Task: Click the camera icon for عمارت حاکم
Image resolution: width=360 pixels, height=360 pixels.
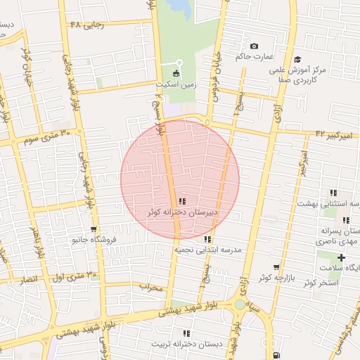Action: pyautogui.click(x=254, y=46)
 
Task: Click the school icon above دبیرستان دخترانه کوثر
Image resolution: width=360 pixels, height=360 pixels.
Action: pyautogui.click(x=183, y=201)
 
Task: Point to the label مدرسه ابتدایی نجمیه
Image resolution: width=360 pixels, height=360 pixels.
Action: pyautogui.click(x=208, y=250)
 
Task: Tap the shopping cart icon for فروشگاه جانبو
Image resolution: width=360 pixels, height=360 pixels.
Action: pyautogui.click(x=94, y=229)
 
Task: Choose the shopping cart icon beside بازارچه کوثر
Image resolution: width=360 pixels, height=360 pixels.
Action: pyautogui.click(x=276, y=267)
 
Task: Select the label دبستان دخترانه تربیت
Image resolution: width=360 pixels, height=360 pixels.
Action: pyautogui.click(x=186, y=344)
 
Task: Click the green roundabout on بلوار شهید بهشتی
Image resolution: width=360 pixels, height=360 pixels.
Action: pyautogui.click(x=240, y=304)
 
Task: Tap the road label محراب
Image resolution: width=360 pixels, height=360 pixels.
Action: pyautogui.click(x=150, y=287)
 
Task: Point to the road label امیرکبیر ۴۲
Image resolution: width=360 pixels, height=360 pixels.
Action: pyautogui.click(x=334, y=133)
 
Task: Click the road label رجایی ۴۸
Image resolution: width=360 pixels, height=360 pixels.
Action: pyautogui.click(x=86, y=25)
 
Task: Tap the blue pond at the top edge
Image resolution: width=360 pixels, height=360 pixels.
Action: pyautogui.click(x=180, y=7)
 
